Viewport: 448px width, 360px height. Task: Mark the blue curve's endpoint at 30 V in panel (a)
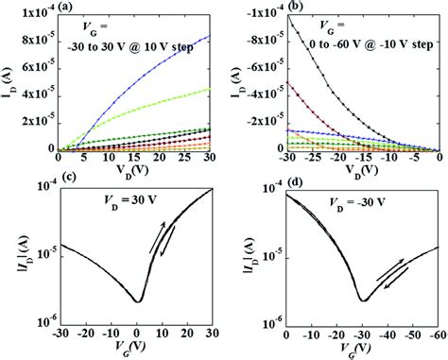tap(210, 35)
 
